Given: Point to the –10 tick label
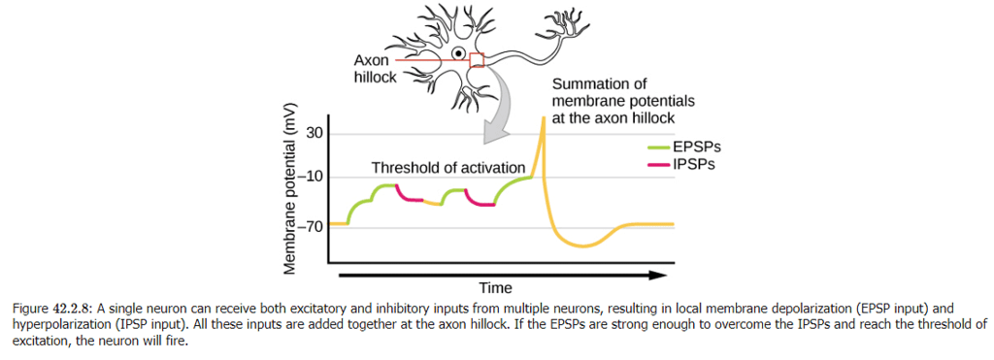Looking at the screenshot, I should (x=312, y=177).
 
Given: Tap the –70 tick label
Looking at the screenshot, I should (x=312, y=227).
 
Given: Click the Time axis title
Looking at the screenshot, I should (x=495, y=287).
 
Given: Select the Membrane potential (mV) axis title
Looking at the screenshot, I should (x=289, y=185).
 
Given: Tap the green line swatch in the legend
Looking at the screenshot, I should (x=660, y=147).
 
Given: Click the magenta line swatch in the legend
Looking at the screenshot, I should (x=660, y=165).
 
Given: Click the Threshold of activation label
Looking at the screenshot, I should (x=447, y=168).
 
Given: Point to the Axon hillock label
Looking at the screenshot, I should (x=374, y=69).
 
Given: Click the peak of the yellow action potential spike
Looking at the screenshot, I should (x=543, y=117).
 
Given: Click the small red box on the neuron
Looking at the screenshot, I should (x=476, y=60).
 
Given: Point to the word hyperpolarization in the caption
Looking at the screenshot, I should (x=58, y=324).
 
